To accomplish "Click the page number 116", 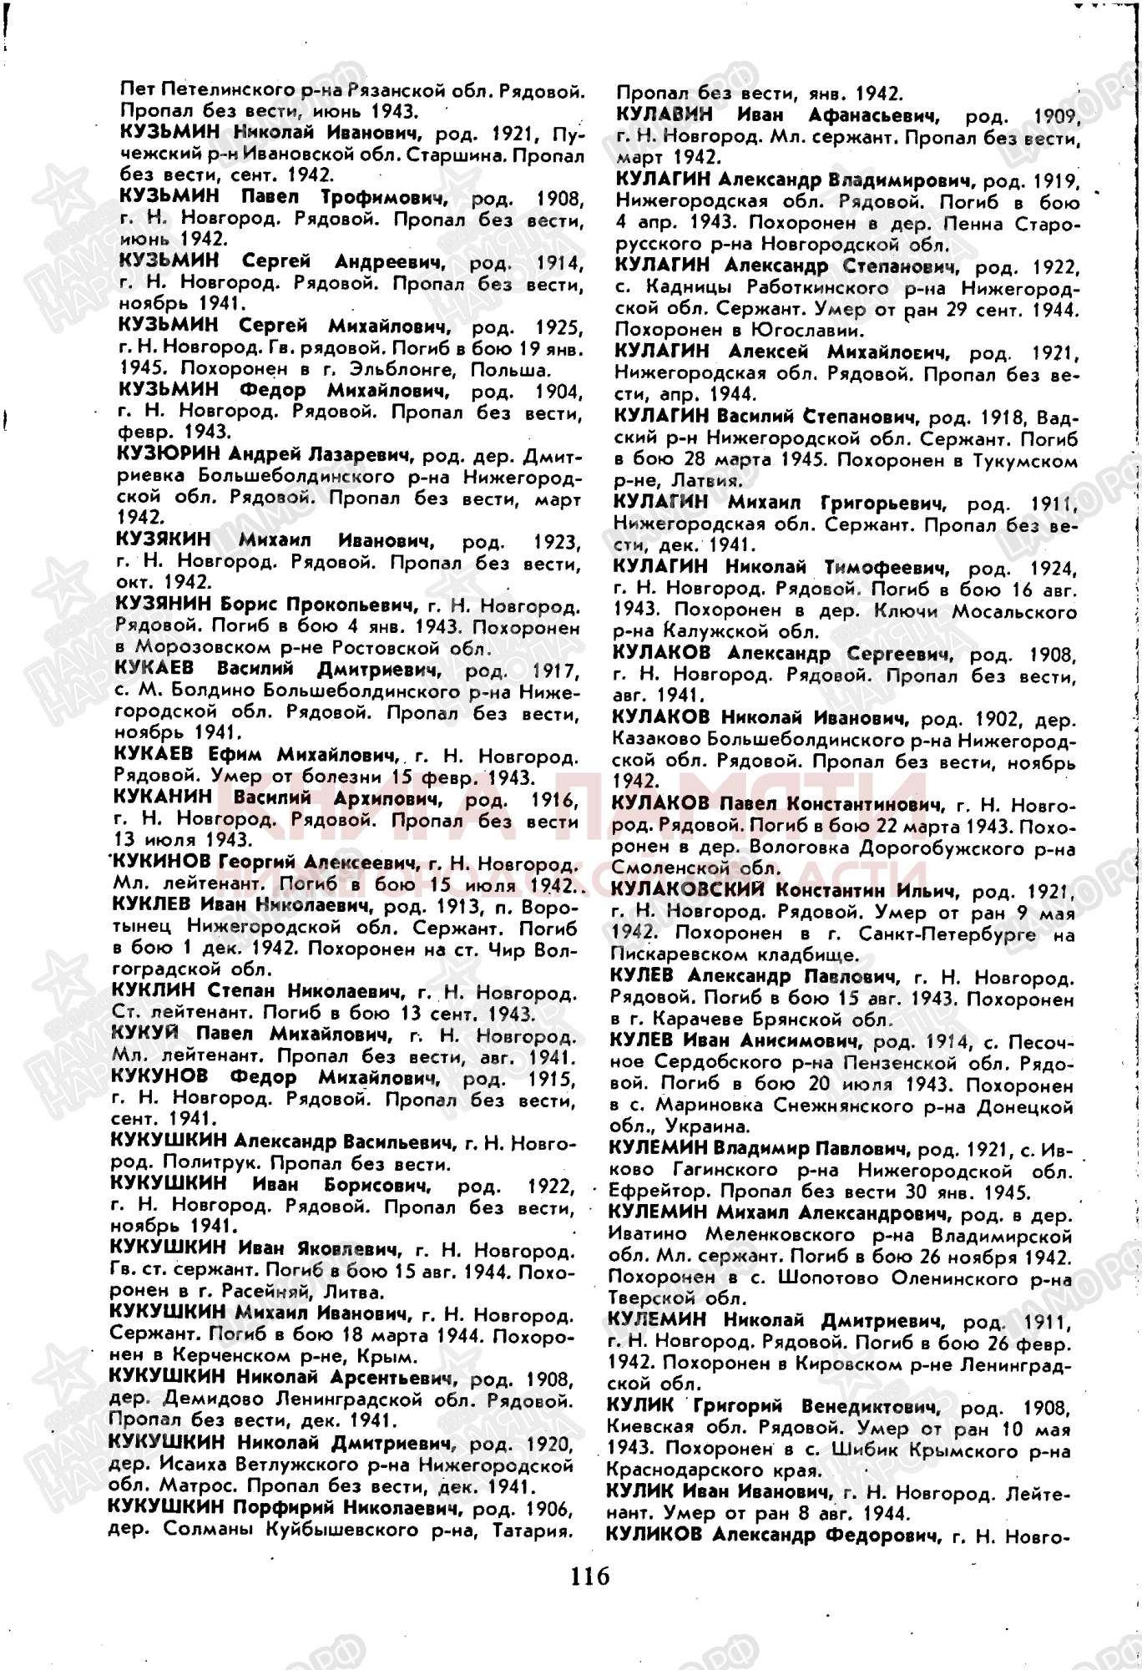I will click(591, 1576).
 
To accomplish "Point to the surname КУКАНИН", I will click(162, 797).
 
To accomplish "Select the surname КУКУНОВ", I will click(159, 1077).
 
